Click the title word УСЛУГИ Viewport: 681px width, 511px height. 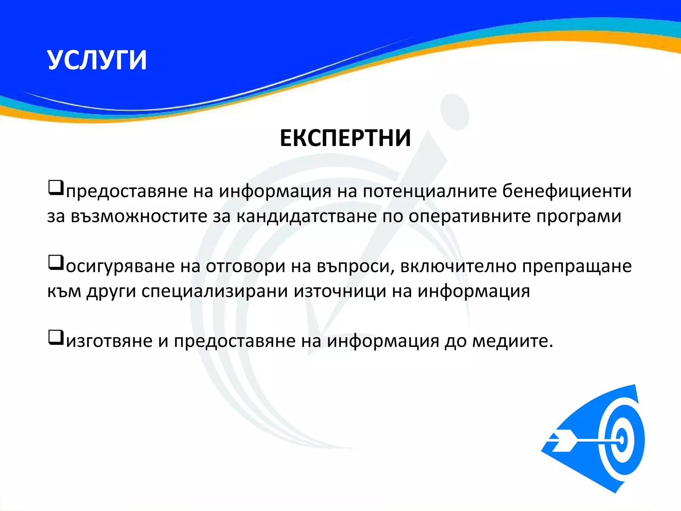[97, 60]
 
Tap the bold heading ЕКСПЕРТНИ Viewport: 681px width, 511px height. [345, 138]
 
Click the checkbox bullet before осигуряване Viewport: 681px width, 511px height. [56, 262]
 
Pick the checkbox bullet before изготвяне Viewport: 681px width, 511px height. [56, 337]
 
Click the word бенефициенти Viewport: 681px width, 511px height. [567, 191]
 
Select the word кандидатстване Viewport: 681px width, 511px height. [306, 217]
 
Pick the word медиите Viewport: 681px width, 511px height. [512, 341]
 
